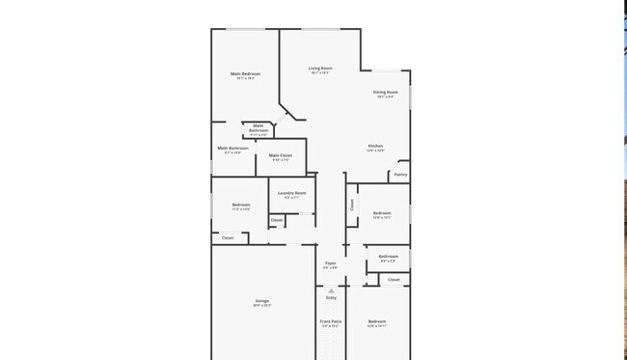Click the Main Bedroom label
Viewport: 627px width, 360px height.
(245, 73)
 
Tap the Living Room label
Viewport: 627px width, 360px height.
(320, 69)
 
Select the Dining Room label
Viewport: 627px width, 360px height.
(385, 93)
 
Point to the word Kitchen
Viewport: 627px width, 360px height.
(375, 146)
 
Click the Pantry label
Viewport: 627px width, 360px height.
(399, 175)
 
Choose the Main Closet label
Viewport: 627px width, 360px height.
(281, 155)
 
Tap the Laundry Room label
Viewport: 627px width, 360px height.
(291, 193)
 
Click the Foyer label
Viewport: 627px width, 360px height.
(330, 263)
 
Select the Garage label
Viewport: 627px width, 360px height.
(261, 301)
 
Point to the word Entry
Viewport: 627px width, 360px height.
(331, 298)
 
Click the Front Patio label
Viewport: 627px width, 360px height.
(331, 320)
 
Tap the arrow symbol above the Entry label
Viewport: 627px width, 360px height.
(331, 291)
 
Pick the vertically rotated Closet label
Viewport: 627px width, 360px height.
(352, 205)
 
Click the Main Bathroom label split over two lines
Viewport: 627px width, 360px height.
(259, 127)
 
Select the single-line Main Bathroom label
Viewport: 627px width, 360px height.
(232, 149)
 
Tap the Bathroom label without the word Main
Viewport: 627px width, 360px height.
(388, 257)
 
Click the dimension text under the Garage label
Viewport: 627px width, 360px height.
(261, 306)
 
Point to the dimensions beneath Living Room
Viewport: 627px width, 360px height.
(320, 73)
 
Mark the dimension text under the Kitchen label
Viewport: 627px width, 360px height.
(375, 151)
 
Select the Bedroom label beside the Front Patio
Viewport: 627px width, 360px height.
(376, 321)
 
